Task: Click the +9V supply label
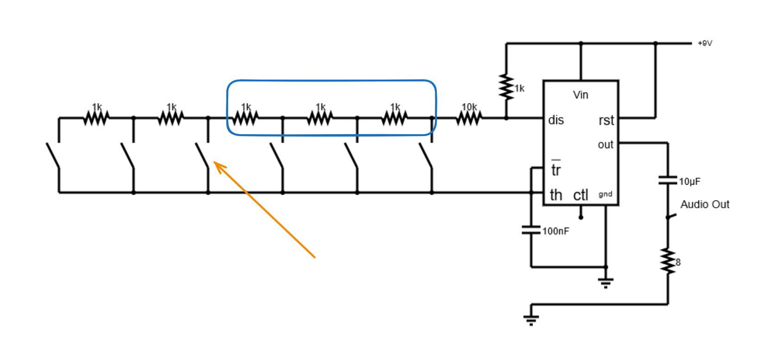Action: point(705,43)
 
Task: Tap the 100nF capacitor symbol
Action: point(531,230)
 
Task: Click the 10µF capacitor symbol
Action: point(667,180)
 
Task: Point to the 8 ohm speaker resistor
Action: point(668,261)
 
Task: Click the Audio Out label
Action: point(704,205)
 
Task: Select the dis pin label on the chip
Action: point(556,120)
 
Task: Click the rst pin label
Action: point(606,120)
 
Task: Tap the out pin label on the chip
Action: point(605,145)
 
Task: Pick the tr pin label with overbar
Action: point(556,169)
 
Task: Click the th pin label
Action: point(556,195)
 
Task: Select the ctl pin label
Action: point(581,195)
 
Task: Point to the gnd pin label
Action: point(605,194)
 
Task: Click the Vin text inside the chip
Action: point(580,95)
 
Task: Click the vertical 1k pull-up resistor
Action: point(506,87)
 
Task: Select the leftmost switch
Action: point(53,155)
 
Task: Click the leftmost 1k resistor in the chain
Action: point(96,118)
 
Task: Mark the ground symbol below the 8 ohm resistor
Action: point(531,319)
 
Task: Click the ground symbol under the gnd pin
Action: point(605,282)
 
